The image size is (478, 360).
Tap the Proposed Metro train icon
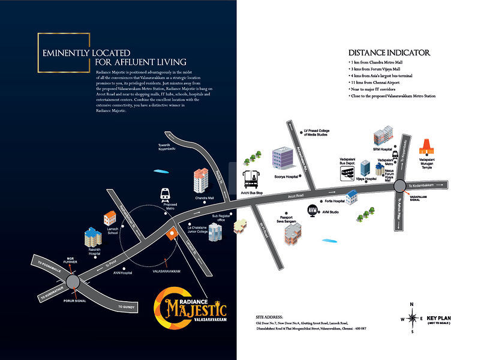tap(167, 194)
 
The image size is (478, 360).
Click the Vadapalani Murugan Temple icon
tap(426, 148)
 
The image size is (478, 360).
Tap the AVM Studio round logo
tap(312, 210)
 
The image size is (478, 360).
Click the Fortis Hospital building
tap(352, 197)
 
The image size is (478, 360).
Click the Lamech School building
tap(110, 218)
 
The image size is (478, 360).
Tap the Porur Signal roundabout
tap(73, 281)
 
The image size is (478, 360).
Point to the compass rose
tap(411, 318)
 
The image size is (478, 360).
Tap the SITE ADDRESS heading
tap(269, 316)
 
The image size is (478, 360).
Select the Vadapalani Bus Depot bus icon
tap(346, 173)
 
